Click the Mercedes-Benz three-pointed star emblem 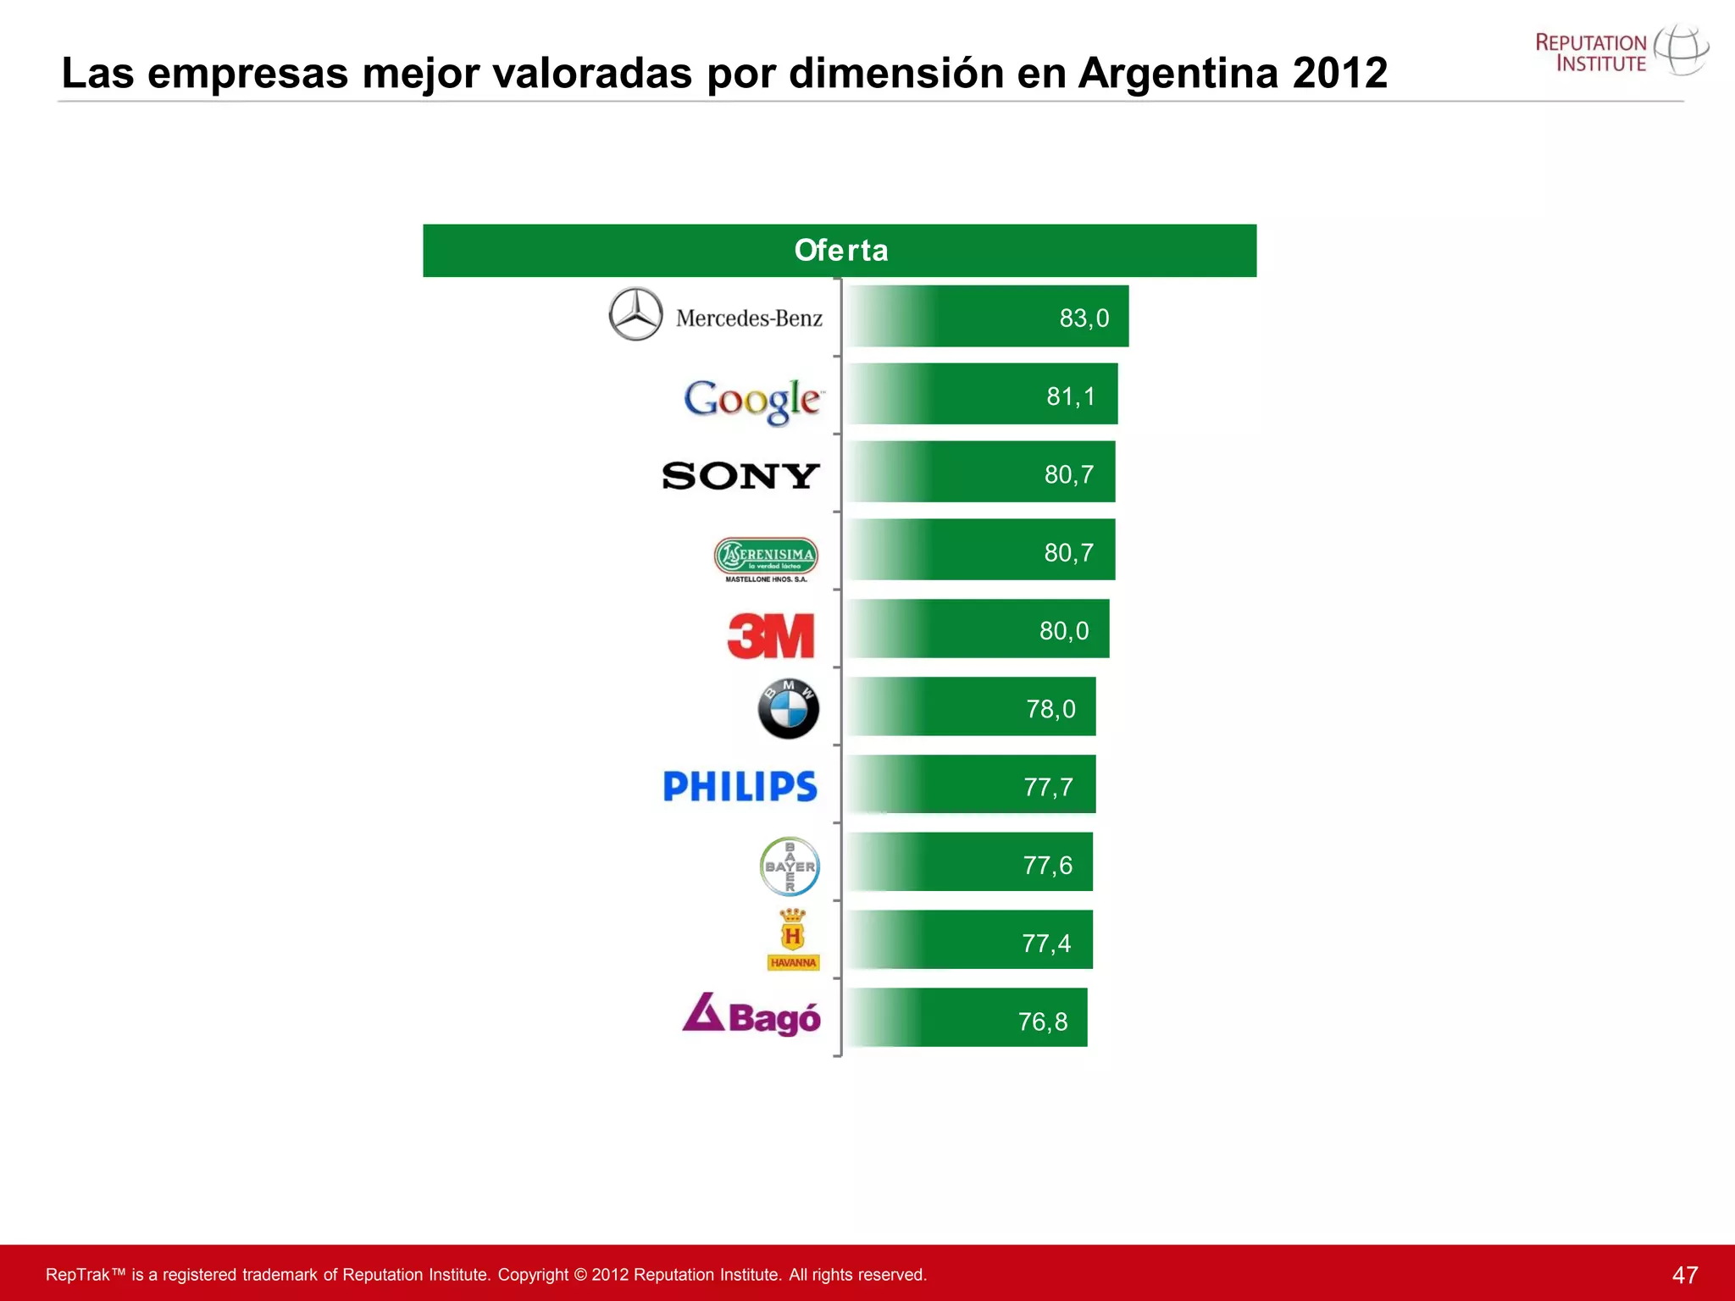(635, 314)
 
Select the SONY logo (740, 476)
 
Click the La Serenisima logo (766, 559)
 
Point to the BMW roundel (789, 709)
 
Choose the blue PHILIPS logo (740, 787)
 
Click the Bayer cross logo (790, 866)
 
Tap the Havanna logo (793, 940)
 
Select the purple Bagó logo (751, 1016)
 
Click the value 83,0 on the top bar (1084, 318)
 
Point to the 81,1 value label (1071, 396)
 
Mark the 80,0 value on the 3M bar (1064, 631)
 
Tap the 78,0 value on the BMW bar (1050, 709)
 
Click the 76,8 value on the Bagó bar (1043, 1022)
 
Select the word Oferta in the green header (841, 251)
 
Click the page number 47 (1685, 1275)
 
